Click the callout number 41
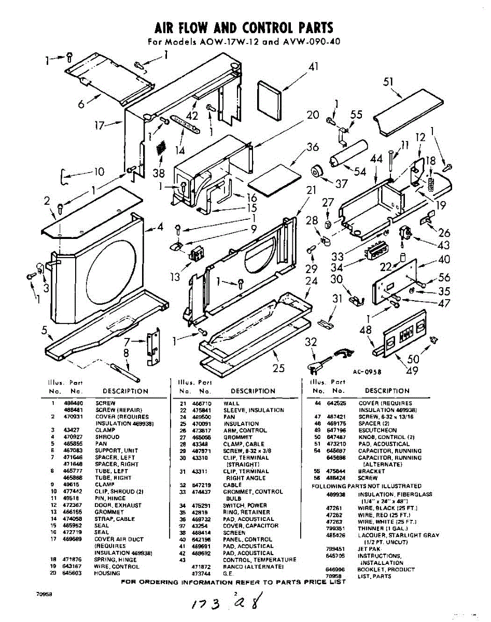point(313,67)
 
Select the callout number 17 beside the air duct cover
point(101,125)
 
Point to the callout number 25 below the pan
point(279,369)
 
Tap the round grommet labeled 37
point(315,172)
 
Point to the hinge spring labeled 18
point(430,181)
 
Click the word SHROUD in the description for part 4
point(107,437)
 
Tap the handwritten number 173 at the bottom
point(204,604)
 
